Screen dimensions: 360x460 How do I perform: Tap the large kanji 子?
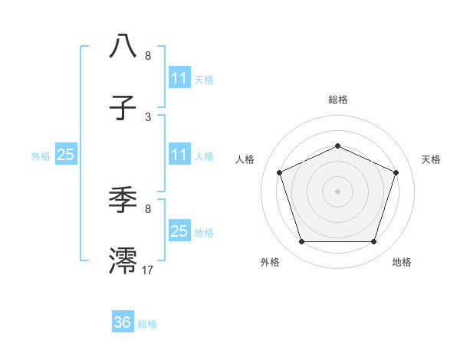[123, 108]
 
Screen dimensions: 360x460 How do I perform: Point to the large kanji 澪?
[123, 260]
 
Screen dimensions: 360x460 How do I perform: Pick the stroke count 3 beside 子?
[148, 116]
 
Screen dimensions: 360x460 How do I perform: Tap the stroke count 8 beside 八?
[148, 55]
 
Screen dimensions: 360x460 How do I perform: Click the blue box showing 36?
[123, 322]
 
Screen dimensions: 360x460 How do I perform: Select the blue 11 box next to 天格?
[179, 78]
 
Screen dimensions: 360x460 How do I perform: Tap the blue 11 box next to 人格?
[179, 155]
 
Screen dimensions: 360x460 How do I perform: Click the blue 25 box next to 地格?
[179, 231]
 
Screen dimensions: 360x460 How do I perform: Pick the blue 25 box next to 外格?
[66, 155]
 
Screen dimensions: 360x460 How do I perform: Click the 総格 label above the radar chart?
[337, 100]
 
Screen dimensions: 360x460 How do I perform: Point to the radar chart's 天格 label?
[431, 159]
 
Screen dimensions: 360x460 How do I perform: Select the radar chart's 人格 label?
[245, 159]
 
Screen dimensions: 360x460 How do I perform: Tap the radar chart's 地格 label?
[402, 262]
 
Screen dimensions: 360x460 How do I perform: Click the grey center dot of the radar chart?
[337, 191]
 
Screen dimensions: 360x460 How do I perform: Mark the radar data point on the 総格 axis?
[337, 146]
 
